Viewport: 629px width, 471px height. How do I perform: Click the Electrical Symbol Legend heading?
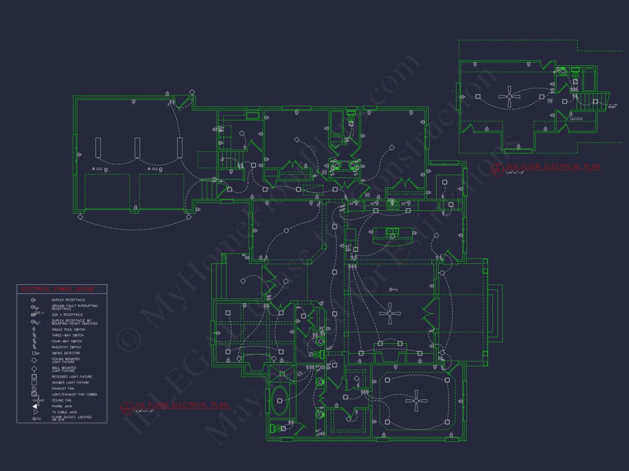[57, 289]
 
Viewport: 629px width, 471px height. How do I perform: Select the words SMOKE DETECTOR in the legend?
[66, 353]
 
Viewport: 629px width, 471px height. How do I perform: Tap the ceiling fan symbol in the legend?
[35, 400]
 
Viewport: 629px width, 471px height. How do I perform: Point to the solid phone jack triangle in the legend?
[35, 406]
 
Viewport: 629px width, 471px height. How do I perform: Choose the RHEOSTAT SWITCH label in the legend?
[66, 347]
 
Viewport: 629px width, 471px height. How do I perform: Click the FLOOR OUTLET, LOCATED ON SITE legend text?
[71, 418]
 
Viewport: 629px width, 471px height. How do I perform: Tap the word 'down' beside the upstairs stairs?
[612, 107]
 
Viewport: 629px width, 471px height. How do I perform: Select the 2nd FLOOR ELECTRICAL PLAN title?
[552, 166]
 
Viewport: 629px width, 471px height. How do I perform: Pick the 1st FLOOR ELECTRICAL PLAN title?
[182, 405]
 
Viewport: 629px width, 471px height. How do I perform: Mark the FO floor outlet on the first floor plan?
[392, 289]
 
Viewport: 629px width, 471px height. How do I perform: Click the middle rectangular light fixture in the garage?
[137, 147]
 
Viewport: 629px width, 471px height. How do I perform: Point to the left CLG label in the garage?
[97, 169]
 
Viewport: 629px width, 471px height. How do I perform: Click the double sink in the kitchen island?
[393, 231]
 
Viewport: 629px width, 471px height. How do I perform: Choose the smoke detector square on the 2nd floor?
[550, 100]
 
